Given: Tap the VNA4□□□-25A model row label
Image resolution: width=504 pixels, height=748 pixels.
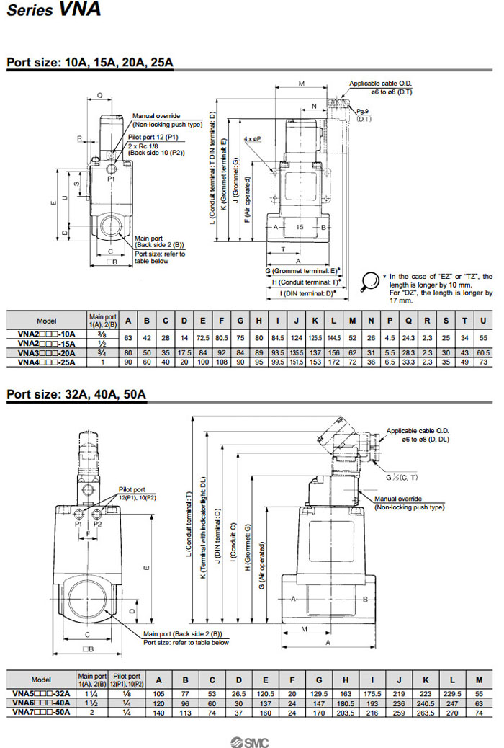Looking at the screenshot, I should [x=46, y=362].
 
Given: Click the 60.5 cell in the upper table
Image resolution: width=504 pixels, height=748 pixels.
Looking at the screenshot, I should [x=484, y=353].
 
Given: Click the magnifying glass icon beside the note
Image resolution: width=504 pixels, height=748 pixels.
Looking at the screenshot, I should [x=370, y=280].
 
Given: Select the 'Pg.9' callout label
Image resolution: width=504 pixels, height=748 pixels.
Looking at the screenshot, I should [x=363, y=110].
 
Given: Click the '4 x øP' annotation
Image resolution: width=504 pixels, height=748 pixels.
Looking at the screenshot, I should [x=252, y=138].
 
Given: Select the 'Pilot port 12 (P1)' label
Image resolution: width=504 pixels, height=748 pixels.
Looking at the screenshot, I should [x=153, y=136].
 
